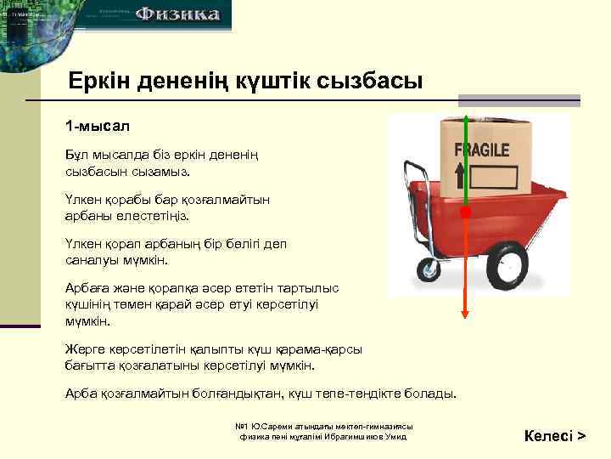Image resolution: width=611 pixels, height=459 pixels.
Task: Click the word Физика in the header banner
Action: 179,14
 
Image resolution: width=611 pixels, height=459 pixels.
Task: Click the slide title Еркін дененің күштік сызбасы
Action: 245,82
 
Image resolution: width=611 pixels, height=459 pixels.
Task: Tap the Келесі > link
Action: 554,436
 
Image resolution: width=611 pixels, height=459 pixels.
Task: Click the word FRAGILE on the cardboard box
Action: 482,150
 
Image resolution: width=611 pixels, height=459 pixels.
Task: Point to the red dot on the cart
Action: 465,212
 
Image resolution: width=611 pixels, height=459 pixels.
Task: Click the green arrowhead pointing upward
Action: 465,121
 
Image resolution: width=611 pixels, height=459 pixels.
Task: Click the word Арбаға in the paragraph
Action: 86,288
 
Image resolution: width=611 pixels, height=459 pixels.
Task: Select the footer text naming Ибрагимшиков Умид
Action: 323,436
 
